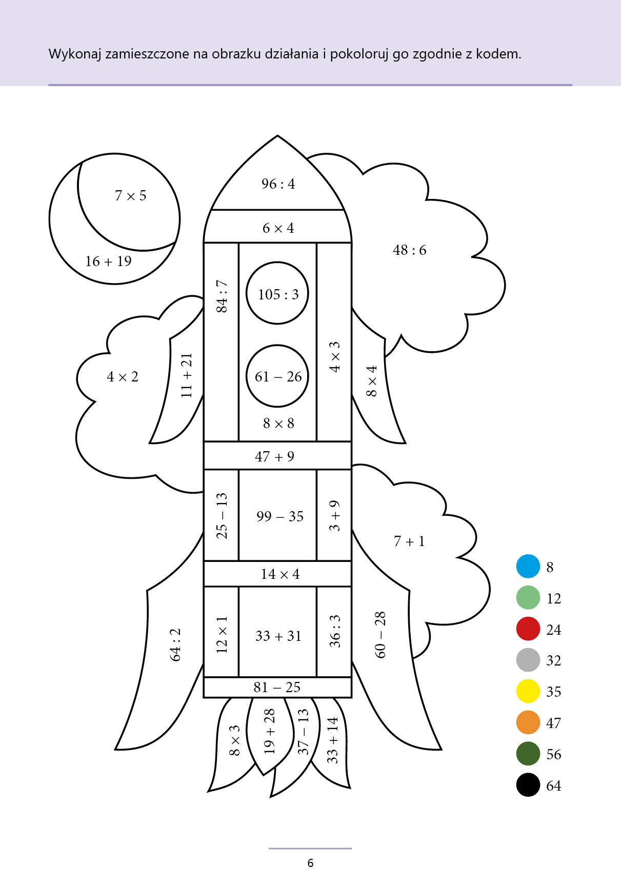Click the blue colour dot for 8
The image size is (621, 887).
point(528,567)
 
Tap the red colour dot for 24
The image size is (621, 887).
point(528,629)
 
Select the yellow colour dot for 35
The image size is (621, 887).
point(528,691)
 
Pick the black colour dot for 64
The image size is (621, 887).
point(528,785)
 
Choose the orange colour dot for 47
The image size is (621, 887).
point(528,722)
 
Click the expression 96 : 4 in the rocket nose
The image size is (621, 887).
point(278,184)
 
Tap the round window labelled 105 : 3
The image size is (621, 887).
point(277,293)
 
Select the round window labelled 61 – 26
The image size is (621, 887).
point(277,376)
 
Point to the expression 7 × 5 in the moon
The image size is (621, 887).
point(130,195)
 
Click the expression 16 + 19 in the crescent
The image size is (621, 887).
point(108,261)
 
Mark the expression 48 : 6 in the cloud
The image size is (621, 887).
point(409,250)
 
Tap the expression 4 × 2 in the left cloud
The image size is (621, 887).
point(122,377)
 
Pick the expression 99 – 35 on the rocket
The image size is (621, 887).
point(280,516)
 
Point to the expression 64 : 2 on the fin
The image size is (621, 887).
point(175,644)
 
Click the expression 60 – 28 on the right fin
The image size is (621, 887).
point(380,634)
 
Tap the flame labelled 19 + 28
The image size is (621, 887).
point(270,731)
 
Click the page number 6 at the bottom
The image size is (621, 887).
point(310,863)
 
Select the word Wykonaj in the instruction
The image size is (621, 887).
point(75,54)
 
